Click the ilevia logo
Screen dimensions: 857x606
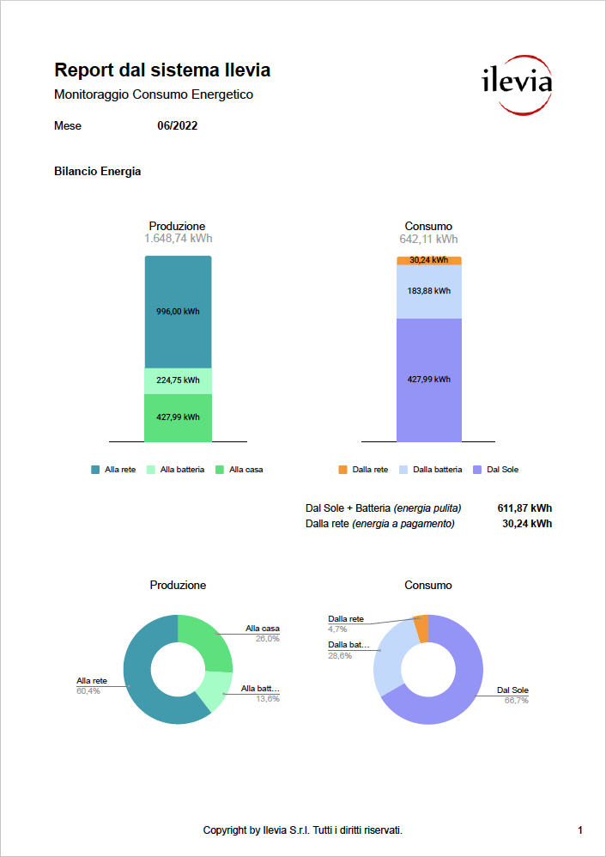coord(515,85)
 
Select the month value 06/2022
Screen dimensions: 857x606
coord(178,125)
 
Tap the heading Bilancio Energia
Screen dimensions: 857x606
coord(97,171)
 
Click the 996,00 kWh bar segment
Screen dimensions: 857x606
coord(178,312)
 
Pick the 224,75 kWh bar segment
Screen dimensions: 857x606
coord(178,380)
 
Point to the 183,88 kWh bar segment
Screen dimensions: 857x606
coord(429,291)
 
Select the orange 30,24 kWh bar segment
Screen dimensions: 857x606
coord(429,260)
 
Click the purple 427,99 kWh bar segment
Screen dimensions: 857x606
coord(429,380)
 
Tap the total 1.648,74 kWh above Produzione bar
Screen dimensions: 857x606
coord(178,239)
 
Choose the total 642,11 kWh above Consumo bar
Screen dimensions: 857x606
coord(428,239)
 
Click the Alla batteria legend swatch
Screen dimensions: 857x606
coord(152,470)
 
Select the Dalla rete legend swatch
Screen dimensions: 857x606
coord(343,470)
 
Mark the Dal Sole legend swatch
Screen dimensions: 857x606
coord(477,470)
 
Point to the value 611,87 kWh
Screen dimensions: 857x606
coord(524,508)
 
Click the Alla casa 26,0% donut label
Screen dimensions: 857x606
coord(263,634)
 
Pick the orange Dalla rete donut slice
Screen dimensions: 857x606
coord(421,628)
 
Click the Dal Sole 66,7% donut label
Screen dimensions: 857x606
coord(512,695)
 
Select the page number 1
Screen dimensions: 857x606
coord(580,830)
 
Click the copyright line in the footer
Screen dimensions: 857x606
coord(303,830)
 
